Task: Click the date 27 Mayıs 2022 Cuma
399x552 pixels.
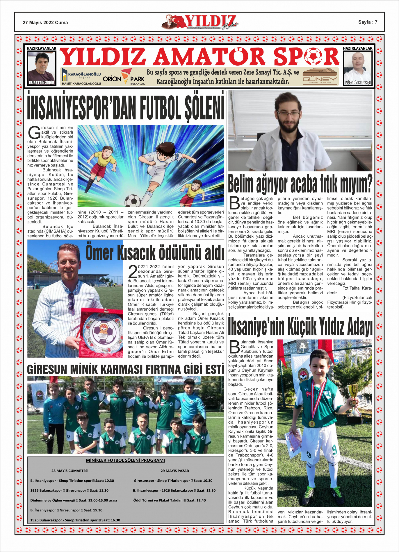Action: pyautogui.click(x=45, y=22)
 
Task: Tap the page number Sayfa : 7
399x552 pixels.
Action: pyautogui.click(x=368, y=22)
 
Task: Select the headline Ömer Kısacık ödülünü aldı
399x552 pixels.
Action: pyautogui.click(x=154, y=252)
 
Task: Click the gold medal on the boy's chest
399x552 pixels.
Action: pyautogui.click(x=311, y=424)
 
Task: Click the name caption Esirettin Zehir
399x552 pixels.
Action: pyautogui.click(x=42, y=83)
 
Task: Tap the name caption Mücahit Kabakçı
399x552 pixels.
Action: pyautogui.click(x=358, y=83)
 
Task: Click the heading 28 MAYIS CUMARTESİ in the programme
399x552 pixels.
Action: pyautogui.click(x=70, y=471)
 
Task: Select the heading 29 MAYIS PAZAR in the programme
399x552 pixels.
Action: pyautogui.click(x=175, y=471)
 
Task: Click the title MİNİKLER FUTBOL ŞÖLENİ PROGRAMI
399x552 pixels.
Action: pyautogui.click(x=125, y=460)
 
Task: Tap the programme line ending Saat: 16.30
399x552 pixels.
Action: pyautogui.click(x=75, y=520)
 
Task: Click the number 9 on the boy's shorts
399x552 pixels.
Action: pyautogui.click(x=334, y=450)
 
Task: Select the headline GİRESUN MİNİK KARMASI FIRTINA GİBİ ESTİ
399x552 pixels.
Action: pyautogui.click(x=125, y=369)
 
